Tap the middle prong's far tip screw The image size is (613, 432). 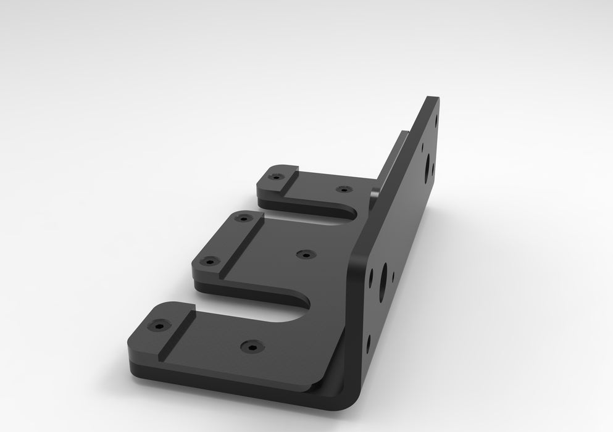click(x=245, y=218)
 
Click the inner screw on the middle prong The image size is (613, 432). click(x=304, y=254)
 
